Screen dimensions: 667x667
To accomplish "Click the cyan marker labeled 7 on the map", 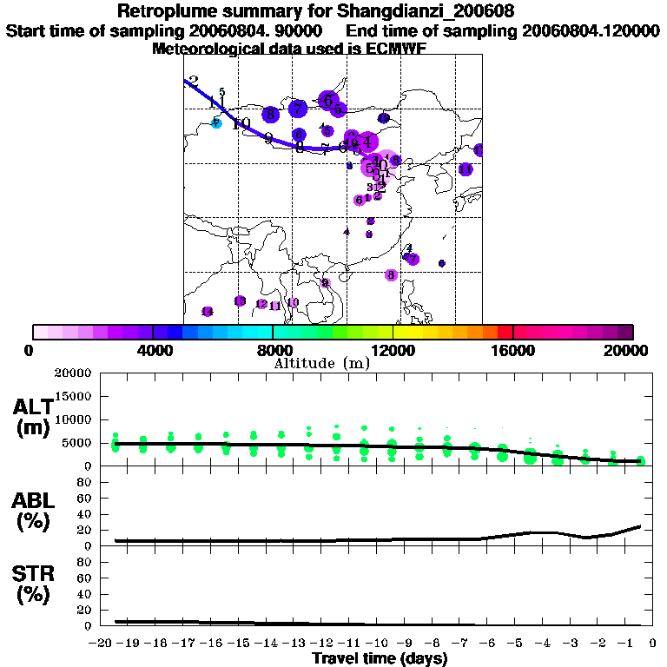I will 217,123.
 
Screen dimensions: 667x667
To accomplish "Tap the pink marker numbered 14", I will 207,312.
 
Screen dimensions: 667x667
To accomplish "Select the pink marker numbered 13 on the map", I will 240,300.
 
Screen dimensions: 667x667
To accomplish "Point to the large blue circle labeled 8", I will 271,114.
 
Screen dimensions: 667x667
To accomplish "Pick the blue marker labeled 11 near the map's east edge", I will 466,169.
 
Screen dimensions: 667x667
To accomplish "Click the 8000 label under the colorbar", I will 273,351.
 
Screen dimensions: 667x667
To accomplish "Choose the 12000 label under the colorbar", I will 393,351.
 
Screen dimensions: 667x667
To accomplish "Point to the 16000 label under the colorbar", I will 513,351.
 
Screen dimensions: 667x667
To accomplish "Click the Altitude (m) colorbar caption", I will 321,363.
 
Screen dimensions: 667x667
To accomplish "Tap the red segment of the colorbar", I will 505,332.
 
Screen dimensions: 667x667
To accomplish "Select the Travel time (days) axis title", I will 380,658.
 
